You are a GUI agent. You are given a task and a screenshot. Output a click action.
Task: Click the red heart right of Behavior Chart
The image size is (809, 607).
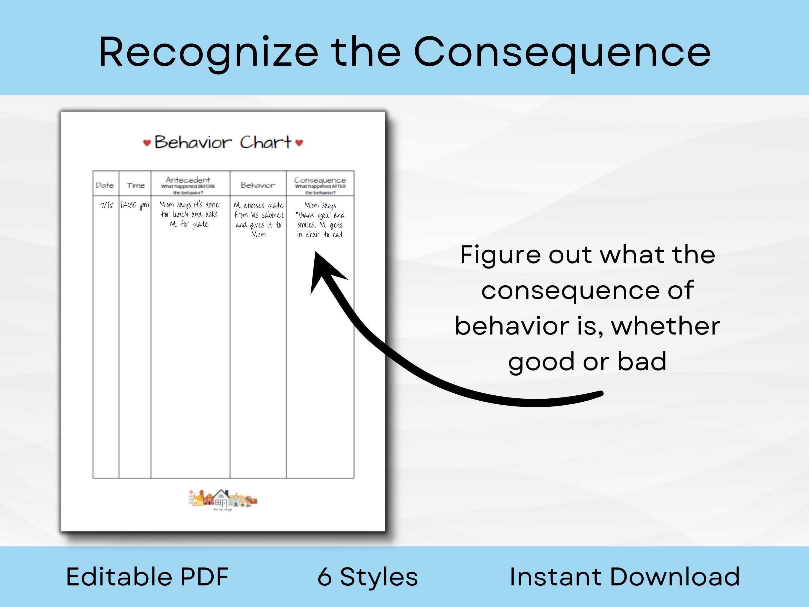pos(299,142)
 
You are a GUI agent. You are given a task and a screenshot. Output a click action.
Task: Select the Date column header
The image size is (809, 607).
pos(105,185)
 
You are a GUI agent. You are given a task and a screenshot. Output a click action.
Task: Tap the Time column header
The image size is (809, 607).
pos(136,186)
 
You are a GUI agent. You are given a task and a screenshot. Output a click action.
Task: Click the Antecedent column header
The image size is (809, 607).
pos(188,180)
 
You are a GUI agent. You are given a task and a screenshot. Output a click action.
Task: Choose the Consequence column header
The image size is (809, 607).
pos(320,180)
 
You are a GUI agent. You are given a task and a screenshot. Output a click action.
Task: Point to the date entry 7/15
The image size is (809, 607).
pos(106,205)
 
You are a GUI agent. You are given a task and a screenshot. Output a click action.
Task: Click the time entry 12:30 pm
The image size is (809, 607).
pos(135,205)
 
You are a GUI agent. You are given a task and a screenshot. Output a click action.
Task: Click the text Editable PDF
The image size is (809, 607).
pos(147,577)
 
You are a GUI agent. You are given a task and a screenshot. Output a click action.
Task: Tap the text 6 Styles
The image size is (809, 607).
pos(368,577)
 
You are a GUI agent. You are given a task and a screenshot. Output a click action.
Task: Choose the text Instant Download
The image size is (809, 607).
pos(625,577)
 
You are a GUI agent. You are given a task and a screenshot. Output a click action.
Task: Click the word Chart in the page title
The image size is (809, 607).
pos(265,142)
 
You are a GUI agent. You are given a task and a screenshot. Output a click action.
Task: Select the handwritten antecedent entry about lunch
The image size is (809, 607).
pos(189,214)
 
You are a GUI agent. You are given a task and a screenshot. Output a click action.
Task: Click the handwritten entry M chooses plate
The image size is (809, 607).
pos(259,219)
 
